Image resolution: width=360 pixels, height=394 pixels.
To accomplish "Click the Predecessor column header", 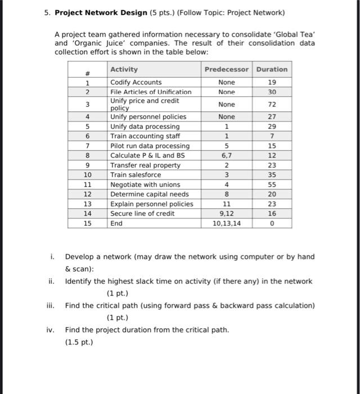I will (226, 69).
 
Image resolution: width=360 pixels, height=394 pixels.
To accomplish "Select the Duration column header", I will (272, 69).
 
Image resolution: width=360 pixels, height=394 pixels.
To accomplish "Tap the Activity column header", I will (124, 69).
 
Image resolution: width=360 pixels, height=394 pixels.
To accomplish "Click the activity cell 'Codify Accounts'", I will (136, 82).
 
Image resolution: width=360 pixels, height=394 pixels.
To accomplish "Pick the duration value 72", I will (272, 104).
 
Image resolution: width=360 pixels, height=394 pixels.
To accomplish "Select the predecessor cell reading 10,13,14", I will (226, 223).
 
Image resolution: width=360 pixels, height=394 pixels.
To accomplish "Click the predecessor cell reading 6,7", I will (226, 155).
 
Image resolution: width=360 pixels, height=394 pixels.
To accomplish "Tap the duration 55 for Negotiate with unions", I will (272, 185).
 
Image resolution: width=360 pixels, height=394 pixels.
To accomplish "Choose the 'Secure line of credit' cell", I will (142, 214).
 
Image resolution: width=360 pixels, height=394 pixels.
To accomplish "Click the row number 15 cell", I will (87, 223).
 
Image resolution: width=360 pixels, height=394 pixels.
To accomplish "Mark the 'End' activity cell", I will (116, 223).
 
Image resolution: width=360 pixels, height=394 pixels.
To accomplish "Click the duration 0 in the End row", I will (272, 223).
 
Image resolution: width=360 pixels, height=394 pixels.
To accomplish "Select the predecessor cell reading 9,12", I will (226, 214).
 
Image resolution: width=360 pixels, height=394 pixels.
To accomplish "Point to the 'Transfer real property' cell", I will (145, 165).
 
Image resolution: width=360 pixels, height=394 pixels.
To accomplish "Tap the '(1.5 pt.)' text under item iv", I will (79, 342).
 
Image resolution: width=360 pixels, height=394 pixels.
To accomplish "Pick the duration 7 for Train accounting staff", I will (272, 136).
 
